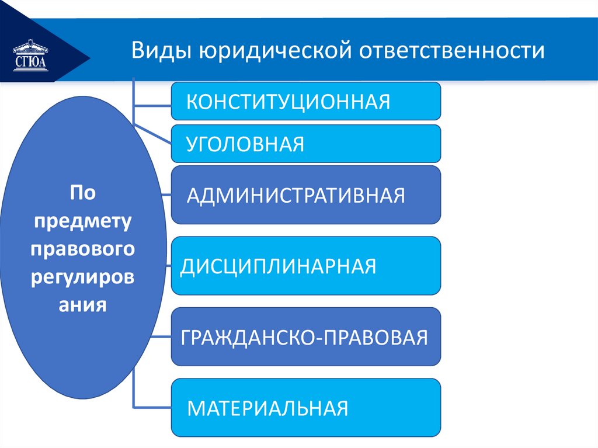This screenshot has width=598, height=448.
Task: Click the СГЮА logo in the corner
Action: click(x=31, y=55)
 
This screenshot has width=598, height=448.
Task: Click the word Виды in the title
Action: click(x=158, y=51)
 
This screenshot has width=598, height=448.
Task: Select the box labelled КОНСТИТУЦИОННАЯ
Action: click(x=305, y=101)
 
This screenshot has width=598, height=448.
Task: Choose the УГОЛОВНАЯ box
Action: click(x=305, y=143)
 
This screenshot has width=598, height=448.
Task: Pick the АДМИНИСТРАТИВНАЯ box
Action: click(x=305, y=195)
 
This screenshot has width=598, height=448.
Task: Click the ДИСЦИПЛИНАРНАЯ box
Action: click(x=305, y=266)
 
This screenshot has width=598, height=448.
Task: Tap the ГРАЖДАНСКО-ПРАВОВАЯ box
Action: click(x=305, y=337)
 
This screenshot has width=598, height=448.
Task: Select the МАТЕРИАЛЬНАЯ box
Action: click(x=305, y=407)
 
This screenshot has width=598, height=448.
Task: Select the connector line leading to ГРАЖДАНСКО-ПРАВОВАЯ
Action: click(x=161, y=337)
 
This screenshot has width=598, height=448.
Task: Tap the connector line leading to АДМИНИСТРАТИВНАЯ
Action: click(x=166, y=195)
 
